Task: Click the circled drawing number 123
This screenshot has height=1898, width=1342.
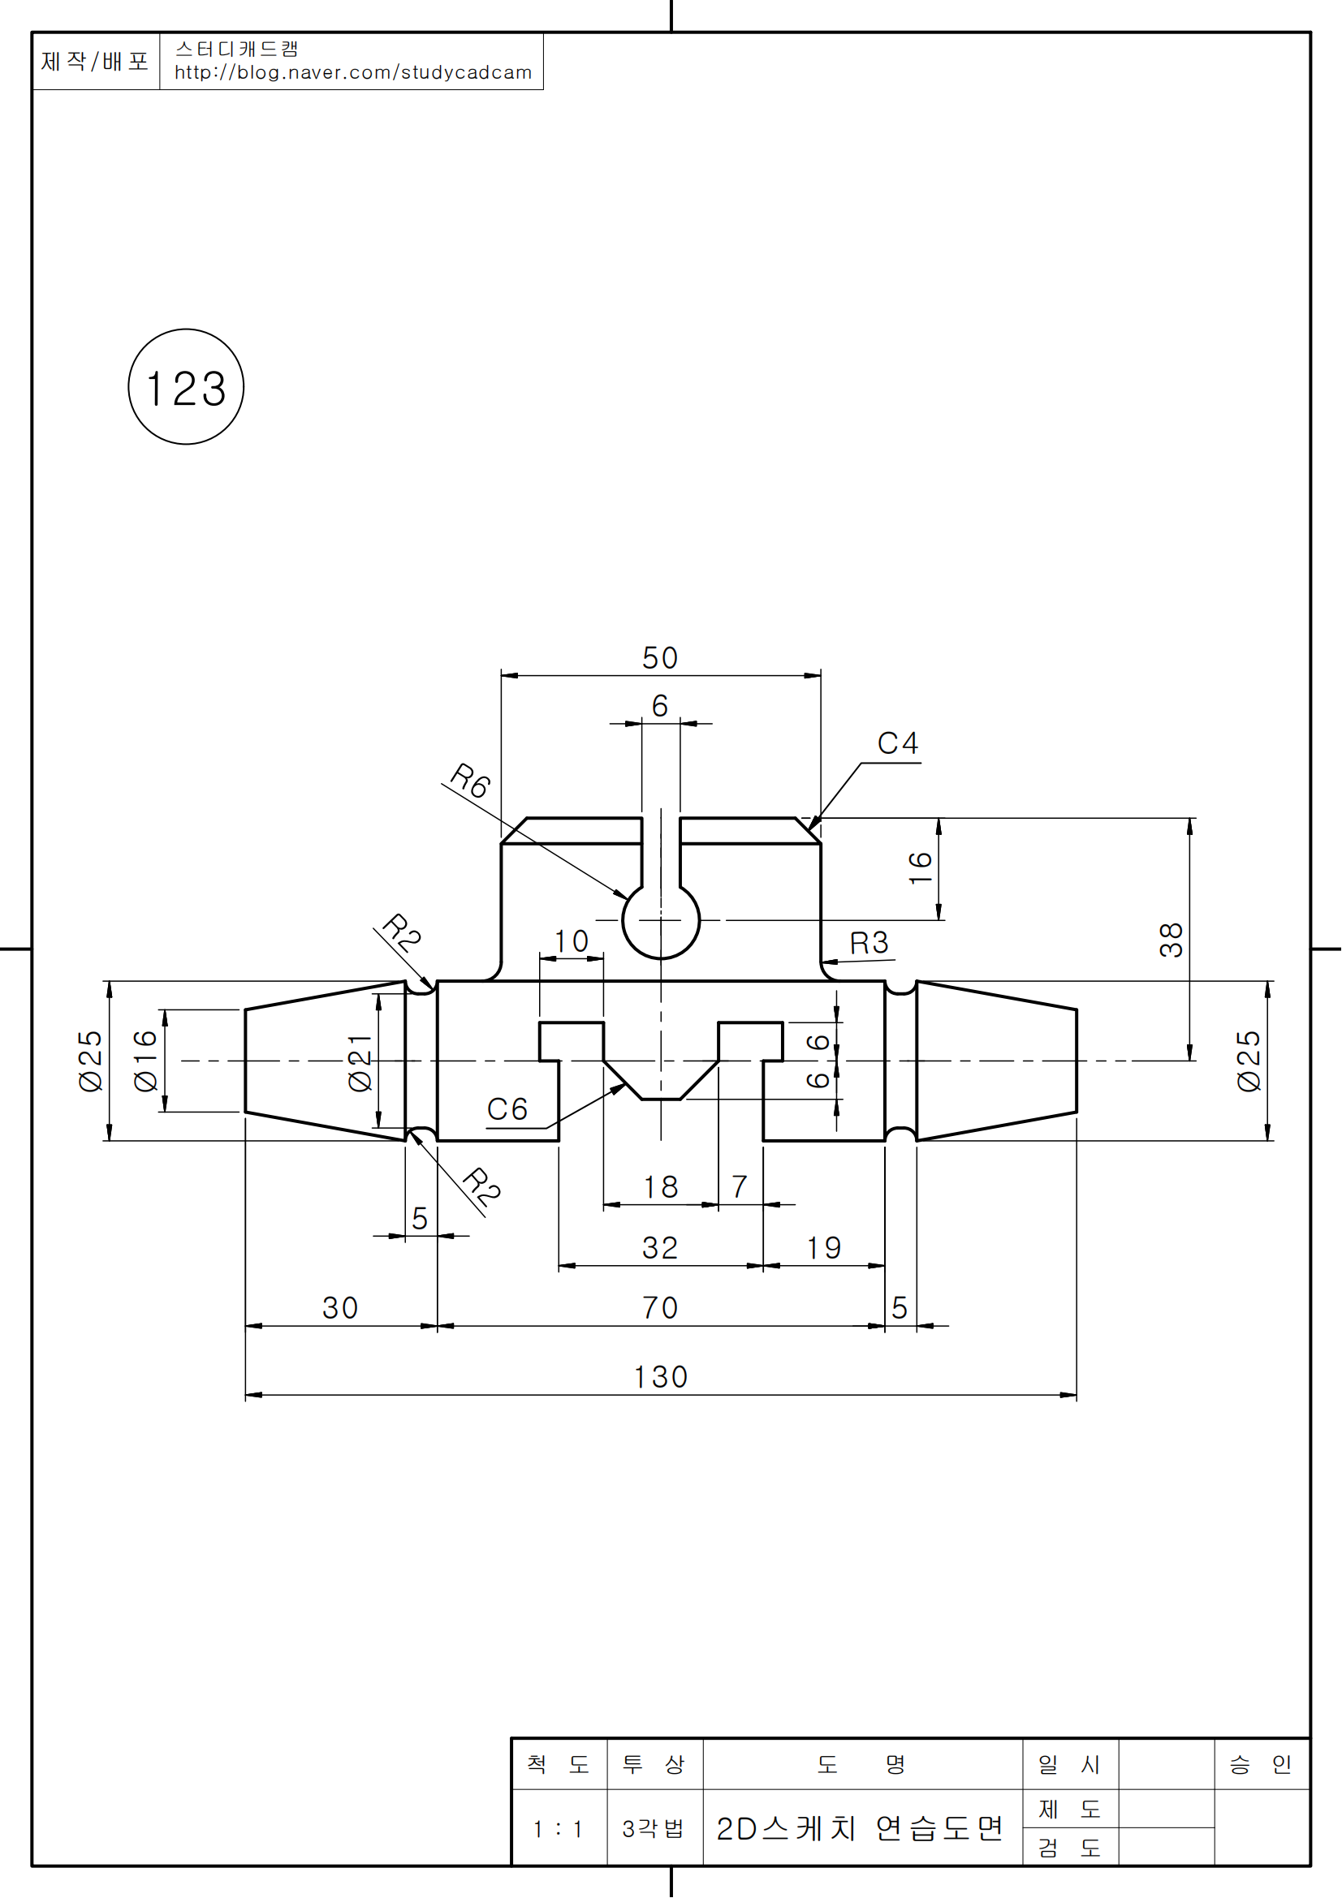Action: tap(186, 388)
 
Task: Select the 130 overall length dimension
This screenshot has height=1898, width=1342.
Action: tap(661, 1377)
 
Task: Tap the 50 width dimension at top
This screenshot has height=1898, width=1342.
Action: tap(660, 659)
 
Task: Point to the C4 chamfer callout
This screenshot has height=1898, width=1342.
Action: tap(898, 744)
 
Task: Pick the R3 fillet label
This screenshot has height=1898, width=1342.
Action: tap(869, 943)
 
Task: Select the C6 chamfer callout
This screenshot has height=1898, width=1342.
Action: tap(507, 1109)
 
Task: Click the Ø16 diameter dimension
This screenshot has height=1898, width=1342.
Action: tap(145, 1061)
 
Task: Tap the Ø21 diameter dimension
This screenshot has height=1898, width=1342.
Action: tap(360, 1062)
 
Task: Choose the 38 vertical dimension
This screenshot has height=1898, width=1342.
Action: tap(1171, 940)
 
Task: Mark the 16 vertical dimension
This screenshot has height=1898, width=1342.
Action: tap(921, 868)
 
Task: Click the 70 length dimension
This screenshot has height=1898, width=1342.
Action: tap(660, 1309)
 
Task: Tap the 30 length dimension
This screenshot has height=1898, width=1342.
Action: tap(340, 1309)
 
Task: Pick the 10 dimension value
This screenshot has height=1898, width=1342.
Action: tap(571, 941)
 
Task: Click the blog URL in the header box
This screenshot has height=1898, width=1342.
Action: tap(353, 73)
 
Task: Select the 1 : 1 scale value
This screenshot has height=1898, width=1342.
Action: tap(558, 1829)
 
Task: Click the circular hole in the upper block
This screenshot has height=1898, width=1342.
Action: tap(661, 922)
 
